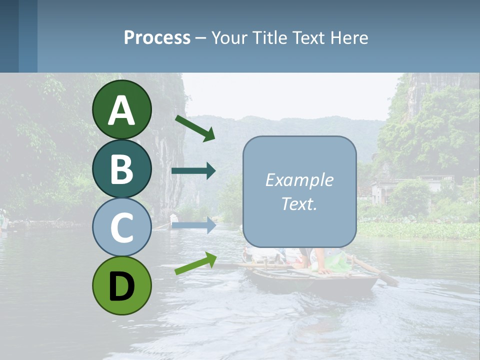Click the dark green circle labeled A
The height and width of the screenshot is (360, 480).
(x=121, y=109)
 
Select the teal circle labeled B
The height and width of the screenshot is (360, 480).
(x=121, y=168)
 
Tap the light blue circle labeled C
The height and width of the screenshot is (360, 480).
(x=121, y=227)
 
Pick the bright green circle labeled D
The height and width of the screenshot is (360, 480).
(x=121, y=285)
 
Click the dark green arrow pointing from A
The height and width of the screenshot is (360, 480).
(x=195, y=128)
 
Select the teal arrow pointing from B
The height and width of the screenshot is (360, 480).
(x=193, y=171)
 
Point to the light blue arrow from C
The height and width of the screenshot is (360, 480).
(x=193, y=225)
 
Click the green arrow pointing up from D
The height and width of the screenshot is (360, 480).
(x=195, y=263)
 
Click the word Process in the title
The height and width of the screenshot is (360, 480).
(x=157, y=37)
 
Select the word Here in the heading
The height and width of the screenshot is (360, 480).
(x=349, y=37)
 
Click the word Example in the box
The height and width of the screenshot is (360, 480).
(x=299, y=180)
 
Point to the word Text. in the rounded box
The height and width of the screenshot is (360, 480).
(x=299, y=204)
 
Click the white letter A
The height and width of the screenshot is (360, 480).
(x=121, y=110)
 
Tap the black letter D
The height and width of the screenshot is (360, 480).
(x=121, y=286)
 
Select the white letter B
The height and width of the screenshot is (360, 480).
(x=121, y=169)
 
